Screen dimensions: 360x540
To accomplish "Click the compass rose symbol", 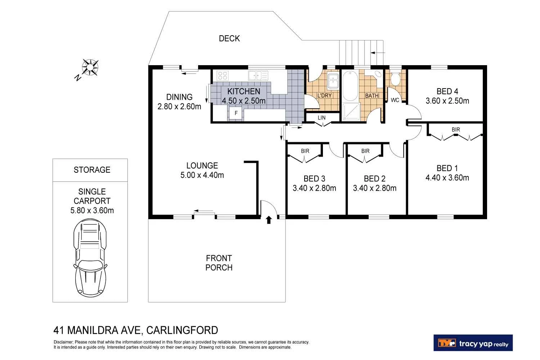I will point(90,67).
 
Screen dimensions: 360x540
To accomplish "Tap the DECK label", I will point(229,39).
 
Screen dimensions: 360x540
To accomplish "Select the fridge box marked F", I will point(236,113).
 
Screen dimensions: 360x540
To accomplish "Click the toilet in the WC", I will point(395,78).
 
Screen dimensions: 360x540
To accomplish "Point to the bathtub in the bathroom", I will point(350,86).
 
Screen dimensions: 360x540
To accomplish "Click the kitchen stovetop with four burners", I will point(222,76).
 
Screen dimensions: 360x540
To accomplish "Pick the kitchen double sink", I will point(258,76).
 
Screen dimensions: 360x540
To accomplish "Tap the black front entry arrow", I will point(269,220).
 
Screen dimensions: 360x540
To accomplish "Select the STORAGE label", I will point(92,170).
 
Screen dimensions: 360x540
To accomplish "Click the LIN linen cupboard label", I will point(321,118).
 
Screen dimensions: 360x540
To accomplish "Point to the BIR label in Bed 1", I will point(456,130).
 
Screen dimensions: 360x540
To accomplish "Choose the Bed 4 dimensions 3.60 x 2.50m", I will point(447,101).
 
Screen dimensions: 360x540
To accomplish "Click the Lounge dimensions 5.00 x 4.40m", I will point(202,175).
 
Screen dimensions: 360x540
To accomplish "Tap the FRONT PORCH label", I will point(219,263).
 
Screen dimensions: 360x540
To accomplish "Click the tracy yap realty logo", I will point(473,343).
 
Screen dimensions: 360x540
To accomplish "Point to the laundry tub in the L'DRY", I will point(333,81).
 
